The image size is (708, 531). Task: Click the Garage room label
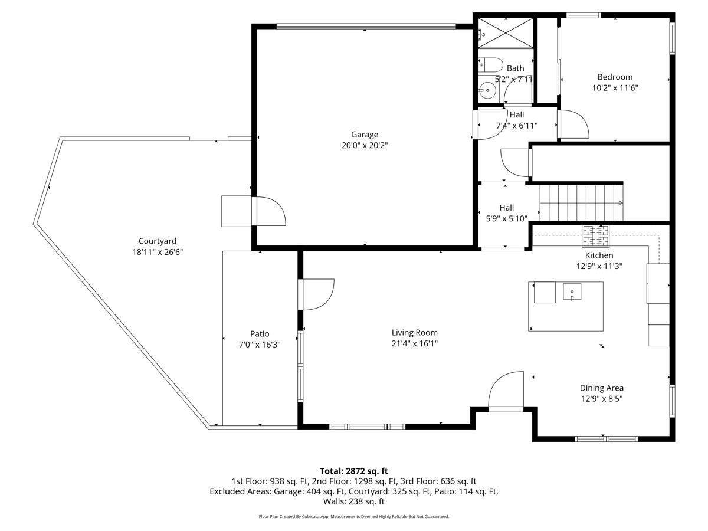point(364,135)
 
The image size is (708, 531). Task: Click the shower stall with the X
point(505,32)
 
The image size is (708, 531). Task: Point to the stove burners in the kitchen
point(596,236)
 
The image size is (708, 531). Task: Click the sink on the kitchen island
point(572,292)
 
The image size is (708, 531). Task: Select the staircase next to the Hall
point(581,202)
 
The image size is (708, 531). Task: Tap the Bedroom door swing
point(573,124)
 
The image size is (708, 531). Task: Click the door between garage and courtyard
point(268,211)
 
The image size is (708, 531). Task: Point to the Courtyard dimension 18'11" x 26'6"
point(158,251)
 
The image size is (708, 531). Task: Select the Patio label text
point(260,334)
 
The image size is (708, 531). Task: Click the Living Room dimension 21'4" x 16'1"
point(415,343)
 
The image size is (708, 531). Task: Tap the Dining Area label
point(601,388)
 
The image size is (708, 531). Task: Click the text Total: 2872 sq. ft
point(354,471)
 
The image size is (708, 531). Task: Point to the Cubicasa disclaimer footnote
point(354,516)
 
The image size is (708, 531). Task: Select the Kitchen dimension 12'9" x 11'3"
point(599,266)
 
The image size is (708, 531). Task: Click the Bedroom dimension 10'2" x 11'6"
point(615,87)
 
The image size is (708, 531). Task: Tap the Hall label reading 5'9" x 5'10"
point(506,218)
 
